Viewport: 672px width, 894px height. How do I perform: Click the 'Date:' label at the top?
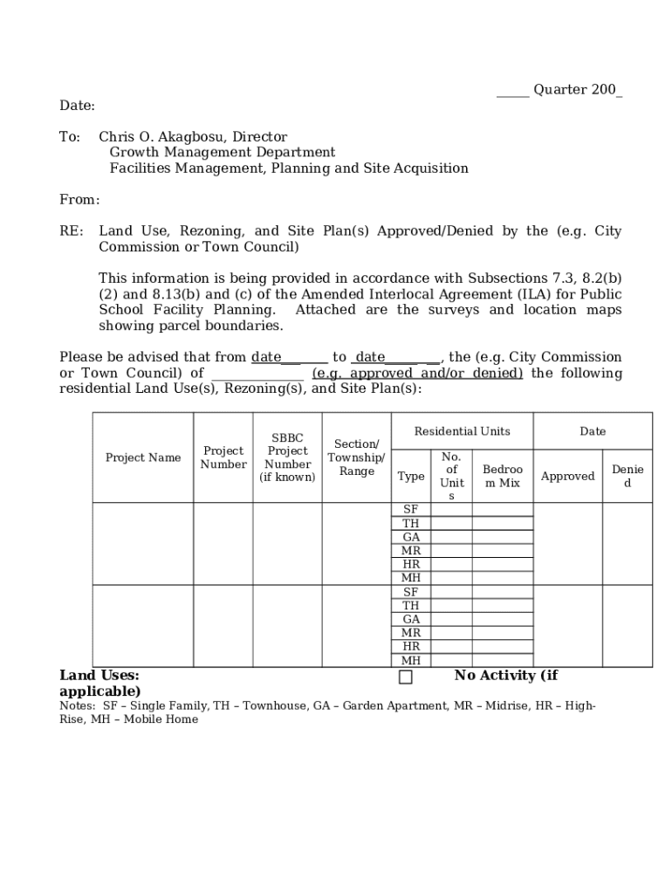77,106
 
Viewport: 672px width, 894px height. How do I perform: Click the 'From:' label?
79,200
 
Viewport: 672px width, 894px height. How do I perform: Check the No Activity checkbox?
406,677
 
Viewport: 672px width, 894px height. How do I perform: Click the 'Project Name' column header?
143,457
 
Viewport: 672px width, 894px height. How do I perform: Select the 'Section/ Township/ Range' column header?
356,457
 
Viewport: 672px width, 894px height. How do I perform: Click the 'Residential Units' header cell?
462,431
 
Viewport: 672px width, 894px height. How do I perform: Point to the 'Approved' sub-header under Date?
567,476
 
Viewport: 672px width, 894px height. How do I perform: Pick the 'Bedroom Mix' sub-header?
503,476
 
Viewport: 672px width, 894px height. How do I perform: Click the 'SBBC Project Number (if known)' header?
287,457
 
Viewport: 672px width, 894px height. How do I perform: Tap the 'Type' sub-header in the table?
411,476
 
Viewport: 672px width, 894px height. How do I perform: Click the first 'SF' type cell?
411,510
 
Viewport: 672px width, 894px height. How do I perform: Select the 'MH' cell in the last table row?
411,660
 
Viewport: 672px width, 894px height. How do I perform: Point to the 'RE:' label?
72,231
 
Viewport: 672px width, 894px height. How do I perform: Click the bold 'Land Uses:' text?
99,675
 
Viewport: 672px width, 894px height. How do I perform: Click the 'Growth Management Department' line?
222,153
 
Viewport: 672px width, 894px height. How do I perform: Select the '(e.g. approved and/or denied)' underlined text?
417,374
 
